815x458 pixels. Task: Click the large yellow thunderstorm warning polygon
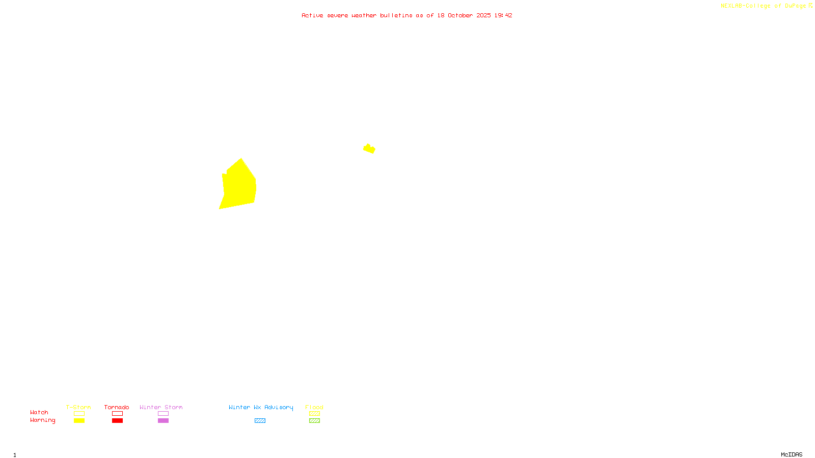coord(239,186)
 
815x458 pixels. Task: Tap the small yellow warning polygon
coord(369,149)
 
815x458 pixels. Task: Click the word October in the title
coord(460,15)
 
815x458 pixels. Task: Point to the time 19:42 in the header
coord(503,15)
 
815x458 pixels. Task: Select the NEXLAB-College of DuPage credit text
coord(764,6)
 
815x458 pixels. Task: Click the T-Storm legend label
coord(78,407)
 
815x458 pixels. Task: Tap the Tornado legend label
coord(117,407)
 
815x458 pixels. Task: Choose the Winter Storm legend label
coord(161,407)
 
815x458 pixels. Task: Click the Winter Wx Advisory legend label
coord(261,407)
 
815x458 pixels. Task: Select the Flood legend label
coord(314,407)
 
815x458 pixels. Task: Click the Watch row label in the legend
coord(39,412)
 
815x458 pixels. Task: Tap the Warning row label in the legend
coord(43,420)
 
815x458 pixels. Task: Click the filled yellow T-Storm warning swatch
coord(79,421)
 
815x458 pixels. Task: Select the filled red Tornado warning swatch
coord(117,421)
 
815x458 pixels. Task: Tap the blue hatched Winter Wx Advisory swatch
coord(260,421)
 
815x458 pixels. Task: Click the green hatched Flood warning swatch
coord(314,421)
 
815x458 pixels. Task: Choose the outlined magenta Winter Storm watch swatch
coord(163,414)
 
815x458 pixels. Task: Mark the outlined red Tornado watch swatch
coord(117,414)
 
